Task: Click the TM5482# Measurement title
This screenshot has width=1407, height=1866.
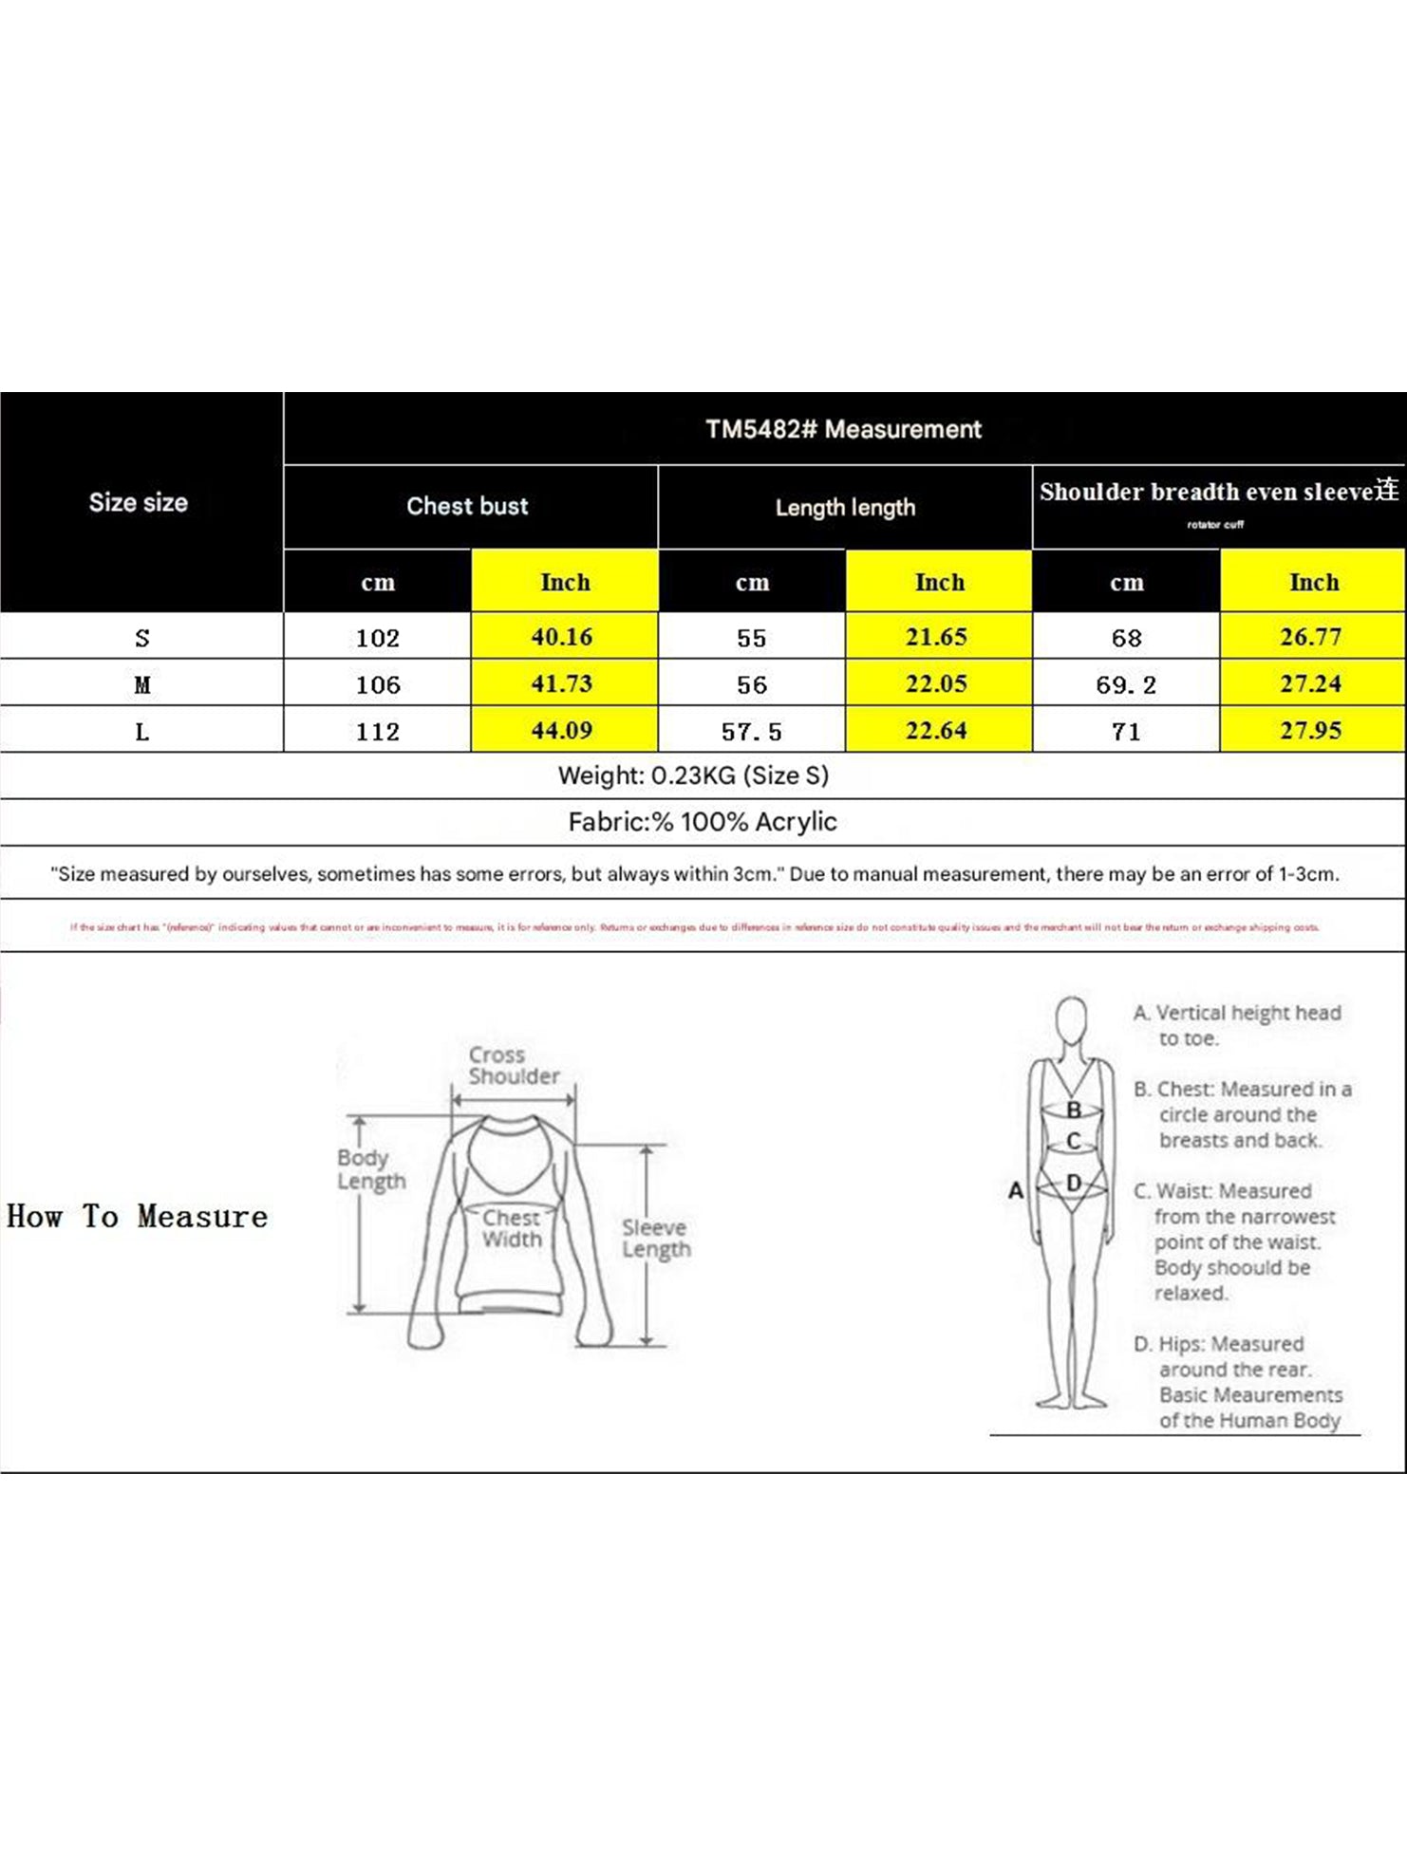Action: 843,429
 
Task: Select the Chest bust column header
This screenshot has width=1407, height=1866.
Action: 467,506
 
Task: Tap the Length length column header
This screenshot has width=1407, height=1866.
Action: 845,508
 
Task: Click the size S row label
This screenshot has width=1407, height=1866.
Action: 142,638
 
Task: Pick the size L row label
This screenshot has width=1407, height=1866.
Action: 142,731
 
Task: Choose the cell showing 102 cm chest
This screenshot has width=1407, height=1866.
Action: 378,638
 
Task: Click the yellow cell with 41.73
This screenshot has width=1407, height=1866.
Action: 562,683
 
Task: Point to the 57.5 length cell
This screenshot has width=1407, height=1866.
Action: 752,732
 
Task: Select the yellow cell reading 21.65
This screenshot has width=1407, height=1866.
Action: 936,637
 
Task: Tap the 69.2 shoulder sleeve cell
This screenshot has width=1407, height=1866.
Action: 1126,685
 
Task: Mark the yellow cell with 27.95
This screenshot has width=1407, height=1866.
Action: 1310,731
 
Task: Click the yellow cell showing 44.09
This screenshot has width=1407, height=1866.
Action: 562,731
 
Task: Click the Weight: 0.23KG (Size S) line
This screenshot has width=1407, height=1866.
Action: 693,775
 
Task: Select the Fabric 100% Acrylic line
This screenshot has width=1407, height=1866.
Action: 703,822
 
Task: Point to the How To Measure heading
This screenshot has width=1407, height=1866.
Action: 138,1217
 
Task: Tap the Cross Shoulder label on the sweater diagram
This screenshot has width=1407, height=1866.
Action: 513,1066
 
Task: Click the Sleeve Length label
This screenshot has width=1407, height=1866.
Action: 656,1239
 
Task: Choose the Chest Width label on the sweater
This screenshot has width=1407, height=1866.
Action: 512,1228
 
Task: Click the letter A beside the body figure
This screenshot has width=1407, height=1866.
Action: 1016,1190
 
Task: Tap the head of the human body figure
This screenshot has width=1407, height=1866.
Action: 1072,1020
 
